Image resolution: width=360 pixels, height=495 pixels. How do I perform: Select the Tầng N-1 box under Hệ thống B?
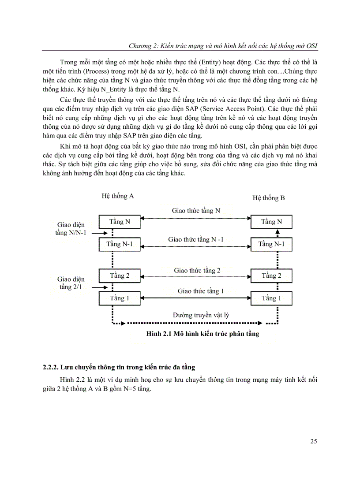tap(271, 244)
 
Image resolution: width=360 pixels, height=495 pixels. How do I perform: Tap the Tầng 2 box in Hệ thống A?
tap(119, 276)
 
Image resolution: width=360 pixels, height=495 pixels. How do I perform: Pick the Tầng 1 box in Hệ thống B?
tap(271, 298)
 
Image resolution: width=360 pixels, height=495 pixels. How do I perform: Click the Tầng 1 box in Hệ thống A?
tap(119, 298)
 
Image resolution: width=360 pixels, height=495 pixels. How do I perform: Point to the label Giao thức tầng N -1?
tap(196, 239)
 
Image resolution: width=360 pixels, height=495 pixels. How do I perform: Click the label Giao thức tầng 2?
tap(197, 270)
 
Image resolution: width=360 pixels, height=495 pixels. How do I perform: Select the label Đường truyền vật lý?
tap(201, 315)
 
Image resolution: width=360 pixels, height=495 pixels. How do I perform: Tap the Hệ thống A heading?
tap(118, 196)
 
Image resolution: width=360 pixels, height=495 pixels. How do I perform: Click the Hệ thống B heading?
tap(269, 198)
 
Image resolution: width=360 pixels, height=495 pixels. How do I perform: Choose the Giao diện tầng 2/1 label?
tap(71, 283)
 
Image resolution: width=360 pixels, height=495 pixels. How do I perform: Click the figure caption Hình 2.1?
tap(202, 334)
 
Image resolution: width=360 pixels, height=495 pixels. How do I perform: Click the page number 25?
tap(314, 441)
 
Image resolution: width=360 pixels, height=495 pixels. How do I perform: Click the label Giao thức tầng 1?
tap(201, 291)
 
